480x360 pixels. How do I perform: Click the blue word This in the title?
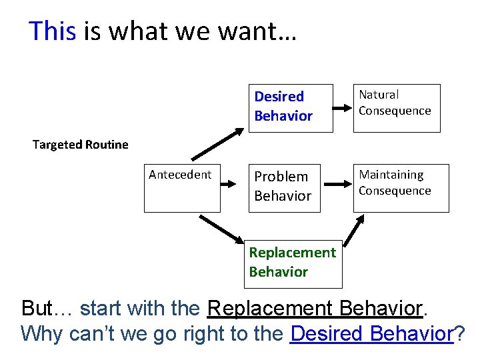click(x=53, y=31)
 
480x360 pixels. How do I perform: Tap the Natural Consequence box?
click(x=396, y=108)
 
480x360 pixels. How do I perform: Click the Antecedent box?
click(x=182, y=188)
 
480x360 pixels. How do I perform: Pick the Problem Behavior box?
click(x=284, y=188)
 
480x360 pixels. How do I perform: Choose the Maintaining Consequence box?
click(x=401, y=188)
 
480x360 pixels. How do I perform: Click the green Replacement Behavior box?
click(x=293, y=263)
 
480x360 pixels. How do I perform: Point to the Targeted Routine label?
click(x=80, y=145)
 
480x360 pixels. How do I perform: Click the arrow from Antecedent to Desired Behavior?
click(x=217, y=145)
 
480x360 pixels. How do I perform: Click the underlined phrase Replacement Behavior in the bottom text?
click(x=315, y=309)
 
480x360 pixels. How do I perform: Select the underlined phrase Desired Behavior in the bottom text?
click(x=373, y=333)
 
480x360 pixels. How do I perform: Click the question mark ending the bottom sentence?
click(x=459, y=333)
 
